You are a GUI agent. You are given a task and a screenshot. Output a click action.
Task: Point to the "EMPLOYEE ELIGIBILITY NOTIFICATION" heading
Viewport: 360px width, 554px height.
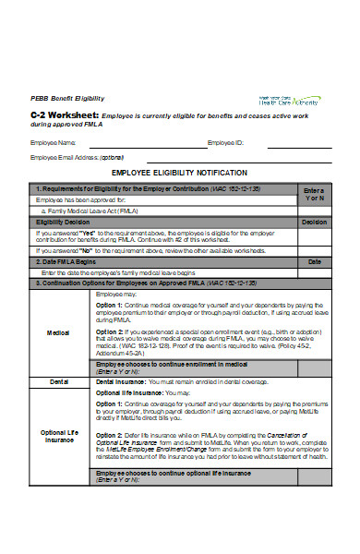179,173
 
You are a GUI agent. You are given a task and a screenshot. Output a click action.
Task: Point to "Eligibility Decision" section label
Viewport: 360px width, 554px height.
63,223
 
